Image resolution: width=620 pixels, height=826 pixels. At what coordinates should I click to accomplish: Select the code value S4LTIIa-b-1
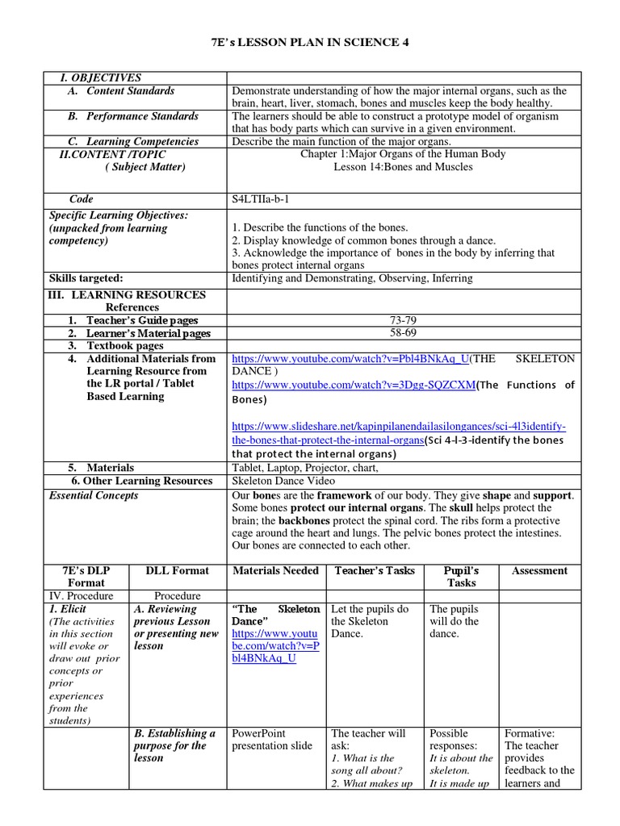264,199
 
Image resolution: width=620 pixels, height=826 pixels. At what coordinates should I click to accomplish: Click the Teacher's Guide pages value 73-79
403,320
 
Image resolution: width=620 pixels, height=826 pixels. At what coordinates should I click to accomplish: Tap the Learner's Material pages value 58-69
403,333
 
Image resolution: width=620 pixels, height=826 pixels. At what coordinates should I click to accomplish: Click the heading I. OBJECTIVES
100,78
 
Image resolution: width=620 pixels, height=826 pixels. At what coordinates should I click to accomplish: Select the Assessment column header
539,570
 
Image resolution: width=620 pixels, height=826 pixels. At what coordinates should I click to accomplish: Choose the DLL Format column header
177,570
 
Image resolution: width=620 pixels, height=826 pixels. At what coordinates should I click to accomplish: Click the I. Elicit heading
69,609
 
